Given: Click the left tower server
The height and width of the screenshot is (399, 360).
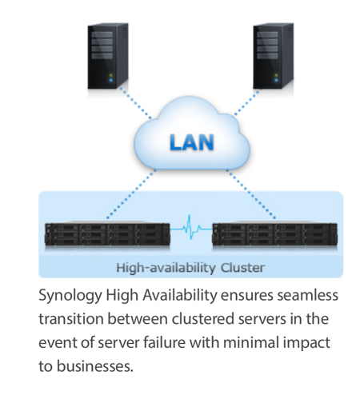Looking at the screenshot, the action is (x=108, y=56).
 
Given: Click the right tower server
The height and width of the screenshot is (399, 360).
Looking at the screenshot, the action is (x=274, y=56).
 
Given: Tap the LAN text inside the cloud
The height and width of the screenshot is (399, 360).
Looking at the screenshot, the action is (x=192, y=142).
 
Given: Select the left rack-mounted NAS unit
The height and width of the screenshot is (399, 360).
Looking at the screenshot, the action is (x=107, y=234).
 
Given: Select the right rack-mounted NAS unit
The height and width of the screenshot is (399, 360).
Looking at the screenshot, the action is (x=274, y=234).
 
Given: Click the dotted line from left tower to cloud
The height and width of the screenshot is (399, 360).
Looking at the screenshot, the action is (x=135, y=102).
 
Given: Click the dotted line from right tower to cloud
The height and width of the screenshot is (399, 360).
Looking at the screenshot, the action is (x=246, y=102).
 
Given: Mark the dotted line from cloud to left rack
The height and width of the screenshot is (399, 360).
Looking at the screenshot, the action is (x=130, y=194).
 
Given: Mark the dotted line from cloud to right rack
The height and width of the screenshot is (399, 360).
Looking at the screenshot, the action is (x=251, y=194).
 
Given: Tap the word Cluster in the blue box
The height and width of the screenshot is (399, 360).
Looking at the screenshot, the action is (x=242, y=268).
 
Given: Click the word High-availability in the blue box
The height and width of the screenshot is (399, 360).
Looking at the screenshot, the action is (x=166, y=268).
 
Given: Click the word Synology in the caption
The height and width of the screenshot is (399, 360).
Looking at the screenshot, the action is (x=70, y=296).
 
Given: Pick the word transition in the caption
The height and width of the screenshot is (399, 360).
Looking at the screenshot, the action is (x=71, y=319).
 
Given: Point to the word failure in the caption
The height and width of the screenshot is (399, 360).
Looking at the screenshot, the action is (x=164, y=342).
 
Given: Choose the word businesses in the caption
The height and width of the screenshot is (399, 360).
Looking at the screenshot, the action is (x=95, y=366).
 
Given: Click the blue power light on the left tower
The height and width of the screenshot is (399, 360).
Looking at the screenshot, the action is (x=111, y=80).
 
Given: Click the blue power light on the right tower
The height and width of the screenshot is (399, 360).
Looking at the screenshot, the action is (x=276, y=80).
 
